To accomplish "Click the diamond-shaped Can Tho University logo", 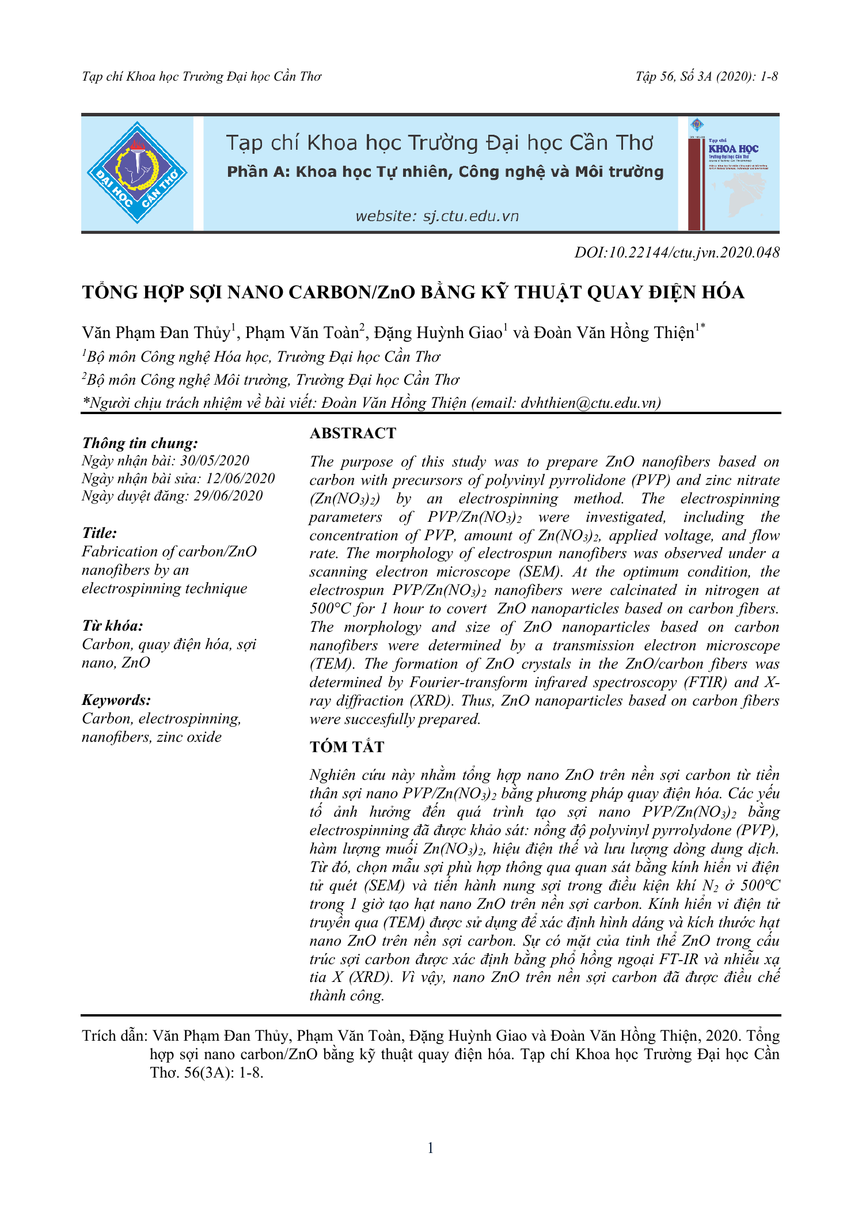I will [x=137, y=173].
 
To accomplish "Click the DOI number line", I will [x=677, y=252].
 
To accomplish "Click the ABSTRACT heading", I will [x=353, y=433].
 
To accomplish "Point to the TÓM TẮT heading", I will [x=347, y=747].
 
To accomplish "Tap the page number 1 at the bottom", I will [x=431, y=1148].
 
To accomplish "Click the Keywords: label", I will [x=116, y=700].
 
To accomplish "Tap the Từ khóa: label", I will [x=112, y=626].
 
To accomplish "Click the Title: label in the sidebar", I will [x=99, y=533].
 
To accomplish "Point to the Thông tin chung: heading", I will [x=140, y=443].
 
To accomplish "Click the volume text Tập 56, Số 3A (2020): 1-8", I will [x=707, y=77].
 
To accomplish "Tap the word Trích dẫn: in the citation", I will [x=115, y=1036].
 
